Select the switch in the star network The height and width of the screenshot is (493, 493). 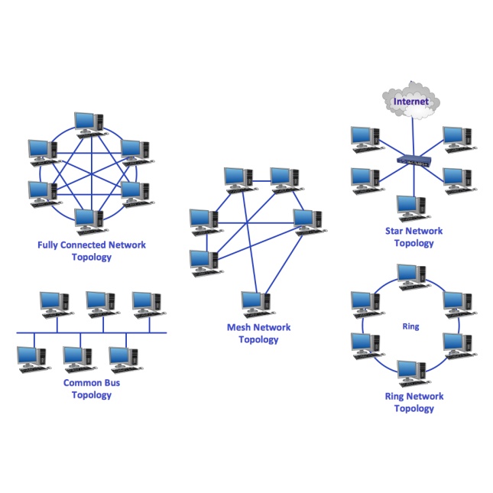[x=413, y=161]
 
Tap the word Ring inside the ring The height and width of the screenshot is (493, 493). [x=410, y=326]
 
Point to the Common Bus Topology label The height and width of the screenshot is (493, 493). [x=92, y=389]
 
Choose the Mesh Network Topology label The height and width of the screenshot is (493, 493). [x=259, y=333]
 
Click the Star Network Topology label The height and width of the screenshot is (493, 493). [x=414, y=237]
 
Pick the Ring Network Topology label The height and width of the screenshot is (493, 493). [x=414, y=402]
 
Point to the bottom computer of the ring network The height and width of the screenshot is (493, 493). [x=410, y=373]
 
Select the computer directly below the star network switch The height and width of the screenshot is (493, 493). [x=410, y=208]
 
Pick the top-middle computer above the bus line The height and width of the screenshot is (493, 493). [x=99, y=303]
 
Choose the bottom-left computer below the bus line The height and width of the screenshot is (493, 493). [x=31, y=358]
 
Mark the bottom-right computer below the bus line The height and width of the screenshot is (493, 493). [x=122, y=358]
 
